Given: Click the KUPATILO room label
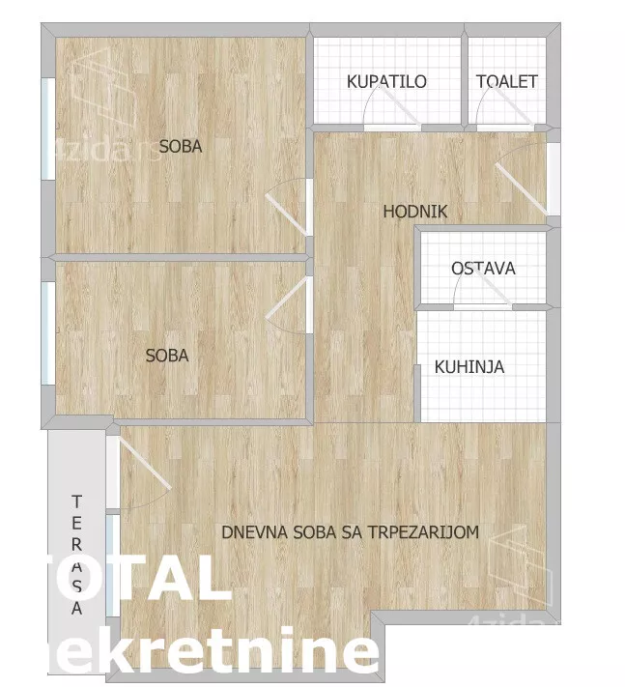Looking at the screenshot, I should pos(386,82).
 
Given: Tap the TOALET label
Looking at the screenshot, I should pos(506,82).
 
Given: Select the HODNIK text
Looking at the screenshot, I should pos(415,212).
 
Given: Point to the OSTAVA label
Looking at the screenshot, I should pos(483,269).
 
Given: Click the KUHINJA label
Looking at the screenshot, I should pos(469,367).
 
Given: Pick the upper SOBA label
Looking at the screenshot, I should pos(181,147).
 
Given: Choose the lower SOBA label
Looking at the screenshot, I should pos(167,356).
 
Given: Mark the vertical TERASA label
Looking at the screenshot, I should pos(76,555).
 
